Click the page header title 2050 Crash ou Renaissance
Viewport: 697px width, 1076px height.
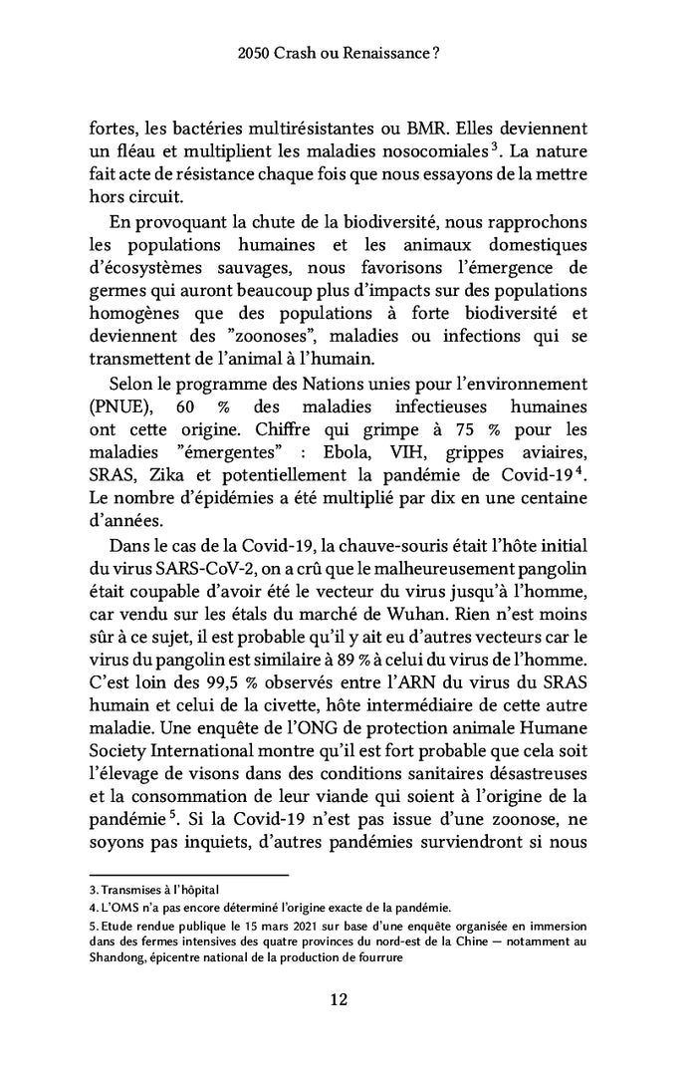[348, 59]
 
